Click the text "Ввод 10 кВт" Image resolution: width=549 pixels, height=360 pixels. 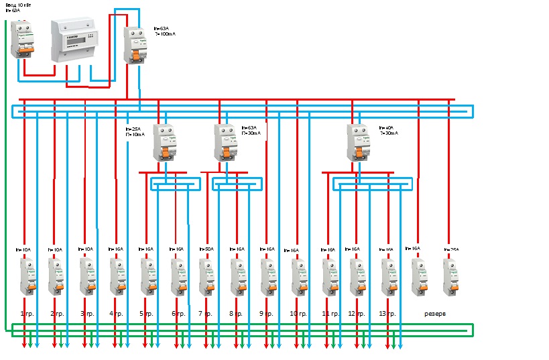pos(19,5)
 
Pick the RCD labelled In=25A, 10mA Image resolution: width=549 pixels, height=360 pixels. pos(164,142)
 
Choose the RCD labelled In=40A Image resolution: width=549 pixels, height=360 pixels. pos(359,142)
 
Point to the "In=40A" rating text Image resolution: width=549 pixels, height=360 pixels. pos(386,127)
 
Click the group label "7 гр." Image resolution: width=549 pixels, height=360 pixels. pos(205,314)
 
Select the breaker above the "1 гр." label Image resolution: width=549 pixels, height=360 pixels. pos(27,277)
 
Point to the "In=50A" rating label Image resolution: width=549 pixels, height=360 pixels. pos(206,249)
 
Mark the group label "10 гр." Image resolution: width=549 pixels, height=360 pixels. pos(298,314)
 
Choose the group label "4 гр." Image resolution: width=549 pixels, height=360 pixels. pos(115,314)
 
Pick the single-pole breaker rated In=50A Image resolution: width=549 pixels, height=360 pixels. pos(206,277)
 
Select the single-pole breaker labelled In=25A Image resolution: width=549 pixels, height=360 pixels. pos(450,277)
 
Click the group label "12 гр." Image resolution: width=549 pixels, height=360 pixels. pos(357,314)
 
